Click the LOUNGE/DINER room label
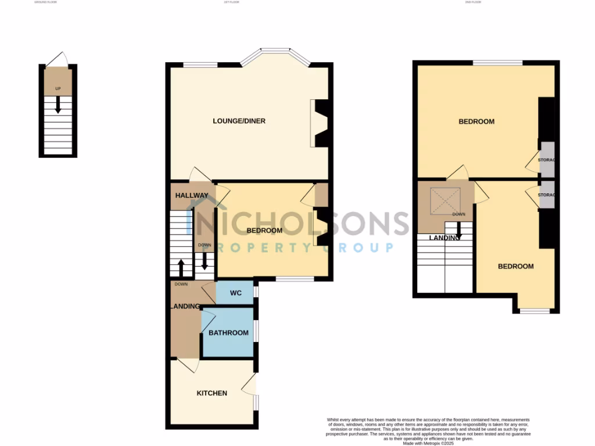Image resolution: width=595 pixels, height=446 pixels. click(239, 121)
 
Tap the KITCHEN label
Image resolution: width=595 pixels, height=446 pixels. click(212, 393)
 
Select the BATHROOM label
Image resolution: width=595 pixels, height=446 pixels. click(228, 333)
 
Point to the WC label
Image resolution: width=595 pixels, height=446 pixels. click(235, 293)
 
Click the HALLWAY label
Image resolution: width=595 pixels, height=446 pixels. click(192, 196)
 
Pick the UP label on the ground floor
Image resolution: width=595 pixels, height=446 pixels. click(58, 89)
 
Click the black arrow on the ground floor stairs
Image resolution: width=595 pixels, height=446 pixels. click(58, 105)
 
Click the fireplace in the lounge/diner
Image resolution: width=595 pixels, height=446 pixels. click(320, 123)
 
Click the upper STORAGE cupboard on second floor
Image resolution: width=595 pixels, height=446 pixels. click(547, 160)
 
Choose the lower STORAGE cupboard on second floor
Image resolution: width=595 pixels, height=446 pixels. click(546, 195)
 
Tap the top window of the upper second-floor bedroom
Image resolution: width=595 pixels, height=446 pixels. click(497, 62)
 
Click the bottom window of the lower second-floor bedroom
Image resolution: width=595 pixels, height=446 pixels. click(534, 311)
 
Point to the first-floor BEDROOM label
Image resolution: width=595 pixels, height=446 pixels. click(264, 231)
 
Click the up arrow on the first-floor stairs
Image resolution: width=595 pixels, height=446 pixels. click(181, 268)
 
